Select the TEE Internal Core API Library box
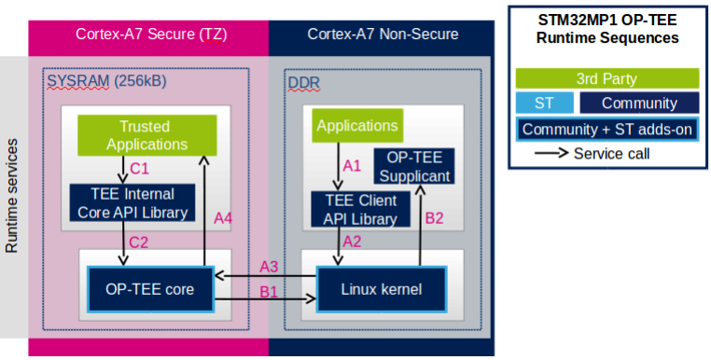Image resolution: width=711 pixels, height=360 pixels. [132, 202]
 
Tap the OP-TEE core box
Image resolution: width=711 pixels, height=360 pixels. [149, 289]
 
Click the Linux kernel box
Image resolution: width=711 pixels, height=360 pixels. [382, 289]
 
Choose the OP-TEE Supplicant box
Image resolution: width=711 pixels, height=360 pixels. [416, 167]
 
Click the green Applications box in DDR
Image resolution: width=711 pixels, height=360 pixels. [356, 126]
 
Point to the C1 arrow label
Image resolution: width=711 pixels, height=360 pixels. [140, 170]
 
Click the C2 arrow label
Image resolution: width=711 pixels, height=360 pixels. [140, 242]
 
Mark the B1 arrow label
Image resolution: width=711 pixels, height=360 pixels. [269, 291]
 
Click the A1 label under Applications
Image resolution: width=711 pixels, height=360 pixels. [352, 165]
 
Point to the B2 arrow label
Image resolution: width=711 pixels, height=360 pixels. [435, 219]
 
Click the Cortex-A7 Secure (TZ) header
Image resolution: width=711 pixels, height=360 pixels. [148, 35]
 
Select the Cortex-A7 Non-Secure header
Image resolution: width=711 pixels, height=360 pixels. [383, 35]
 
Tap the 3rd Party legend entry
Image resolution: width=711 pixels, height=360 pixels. [606, 78]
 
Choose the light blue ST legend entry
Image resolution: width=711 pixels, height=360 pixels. [543, 103]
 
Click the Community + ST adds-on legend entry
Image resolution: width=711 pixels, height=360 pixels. [606, 129]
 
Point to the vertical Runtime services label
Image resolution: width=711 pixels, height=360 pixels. [12, 197]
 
